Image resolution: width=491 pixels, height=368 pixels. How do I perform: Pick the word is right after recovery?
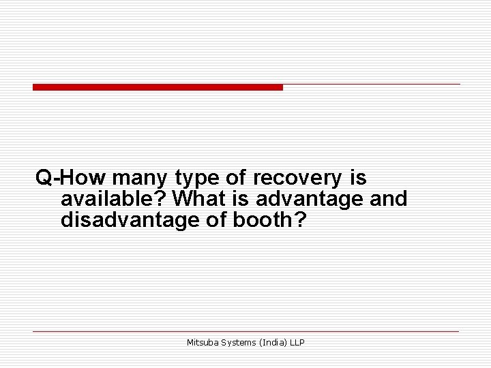point(358,179)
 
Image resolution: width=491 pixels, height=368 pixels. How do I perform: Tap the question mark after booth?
point(292,219)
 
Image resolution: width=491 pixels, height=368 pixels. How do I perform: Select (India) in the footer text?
point(273,343)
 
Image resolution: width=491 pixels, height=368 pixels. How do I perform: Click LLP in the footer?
point(297,342)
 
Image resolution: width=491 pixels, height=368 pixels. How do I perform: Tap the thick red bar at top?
point(158,87)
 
